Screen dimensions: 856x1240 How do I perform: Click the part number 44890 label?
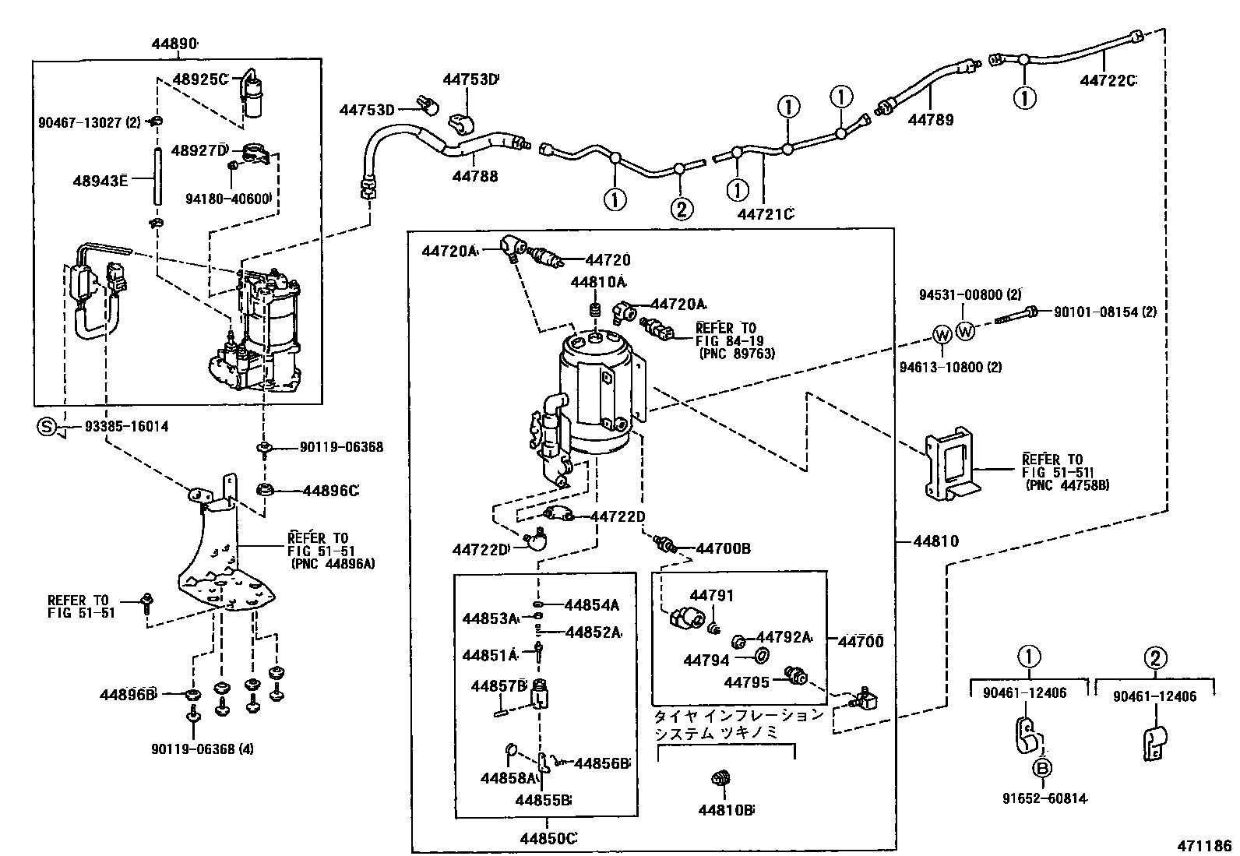click(174, 44)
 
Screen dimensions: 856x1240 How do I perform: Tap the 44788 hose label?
click(475, 177)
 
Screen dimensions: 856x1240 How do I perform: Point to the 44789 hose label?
click(930, 120)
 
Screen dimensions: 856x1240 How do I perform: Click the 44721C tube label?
click(765, 213)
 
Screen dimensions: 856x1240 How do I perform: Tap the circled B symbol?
click(1043, 769)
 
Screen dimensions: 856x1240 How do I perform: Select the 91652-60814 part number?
click(1046, 798)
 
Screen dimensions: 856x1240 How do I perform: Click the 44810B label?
click(726, 810)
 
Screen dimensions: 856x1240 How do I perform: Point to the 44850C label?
click(548, 838)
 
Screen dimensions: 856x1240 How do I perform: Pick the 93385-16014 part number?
click(126, 427)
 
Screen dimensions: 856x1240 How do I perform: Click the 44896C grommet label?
click(330, 491)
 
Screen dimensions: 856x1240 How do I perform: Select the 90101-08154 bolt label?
click(1104, 312)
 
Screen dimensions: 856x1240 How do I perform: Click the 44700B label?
click(724, 548)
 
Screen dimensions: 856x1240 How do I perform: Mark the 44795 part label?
click(747, 682)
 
